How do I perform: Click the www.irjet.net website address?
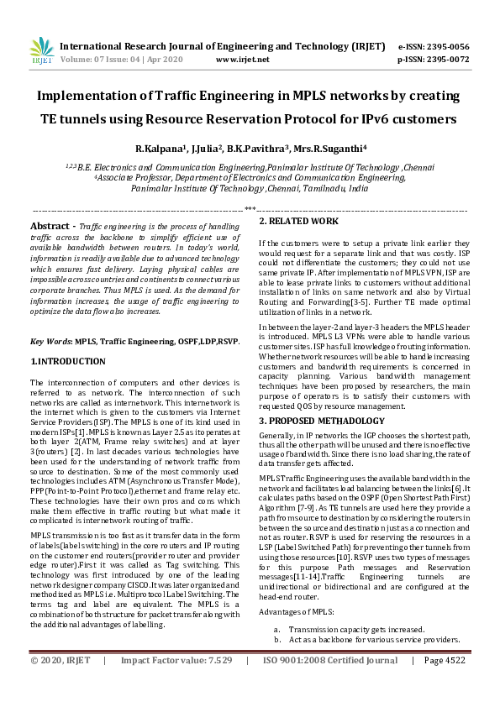(242, 60)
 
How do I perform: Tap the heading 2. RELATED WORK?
(298, 222)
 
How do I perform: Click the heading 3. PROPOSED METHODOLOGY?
(321, 420)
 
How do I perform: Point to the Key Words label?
(50, 343)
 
